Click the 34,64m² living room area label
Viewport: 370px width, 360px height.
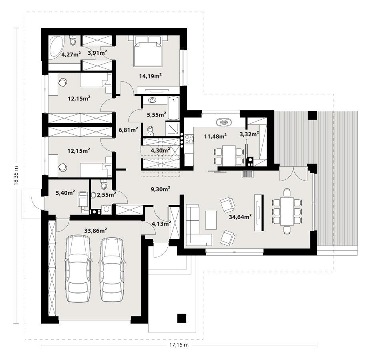(x=240, y=217)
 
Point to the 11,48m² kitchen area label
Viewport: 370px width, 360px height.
(x=215, y=136)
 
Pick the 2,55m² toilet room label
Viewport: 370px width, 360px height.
(x=106, y=194)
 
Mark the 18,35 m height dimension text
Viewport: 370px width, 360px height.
(x=16, y=176)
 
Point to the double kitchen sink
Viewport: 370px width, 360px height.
(x=223, y=122)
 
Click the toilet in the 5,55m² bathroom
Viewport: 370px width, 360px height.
(x=150, y=130)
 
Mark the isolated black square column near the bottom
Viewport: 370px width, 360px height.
(x=182, y=318)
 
